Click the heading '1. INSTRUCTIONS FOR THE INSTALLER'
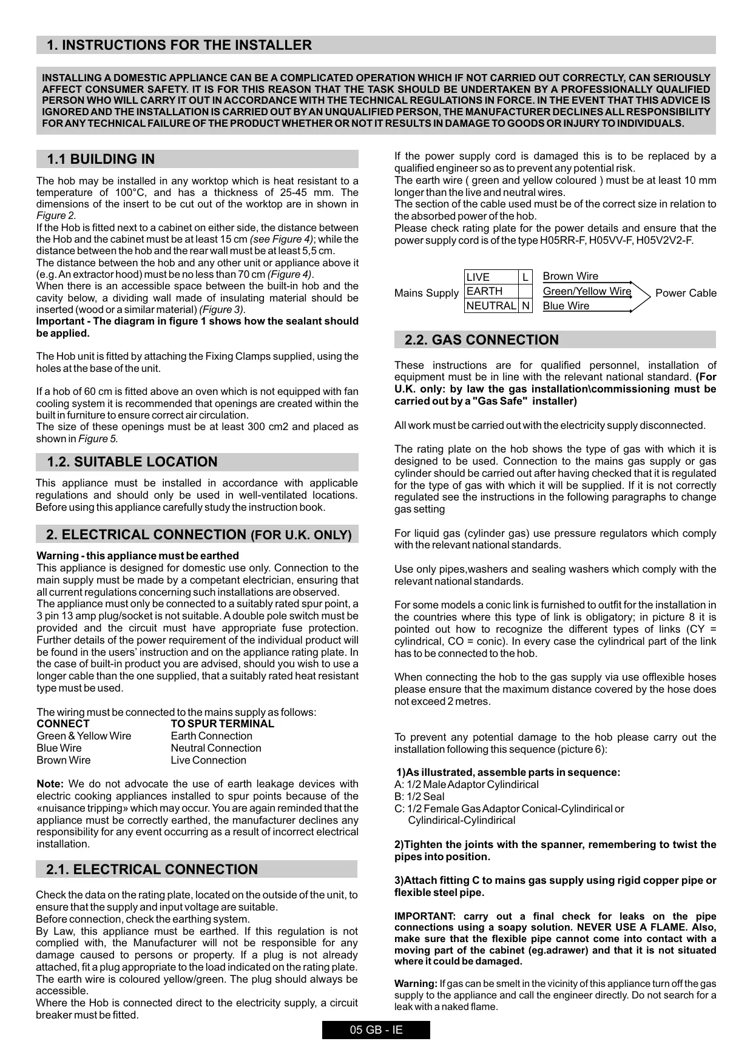(x=179, y=45)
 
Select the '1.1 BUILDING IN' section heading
(x=101, y=160)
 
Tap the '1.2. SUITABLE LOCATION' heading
(x=132, y=462)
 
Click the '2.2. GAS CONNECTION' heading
(x=481, y=340)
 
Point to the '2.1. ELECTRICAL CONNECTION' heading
(x=152, y=870)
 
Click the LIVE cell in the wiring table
(x=491, y=277)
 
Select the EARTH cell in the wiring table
(x=491, y=291)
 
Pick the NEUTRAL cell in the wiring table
(x=491, y=306)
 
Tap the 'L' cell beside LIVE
(x=525, y=277)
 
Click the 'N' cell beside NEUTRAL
(x=525, y=306)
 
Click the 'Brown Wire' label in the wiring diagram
(x=570, y=277)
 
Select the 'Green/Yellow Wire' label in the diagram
(x=587, y=291)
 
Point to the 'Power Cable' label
(x=686, y=293)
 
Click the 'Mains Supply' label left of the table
(x=426, y=293)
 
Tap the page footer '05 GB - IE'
(x=376, y=1030)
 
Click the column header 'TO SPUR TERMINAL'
(x=222, y=724)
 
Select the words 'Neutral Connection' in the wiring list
(x=216, y=748)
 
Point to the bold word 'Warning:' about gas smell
(x=416, y=983)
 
